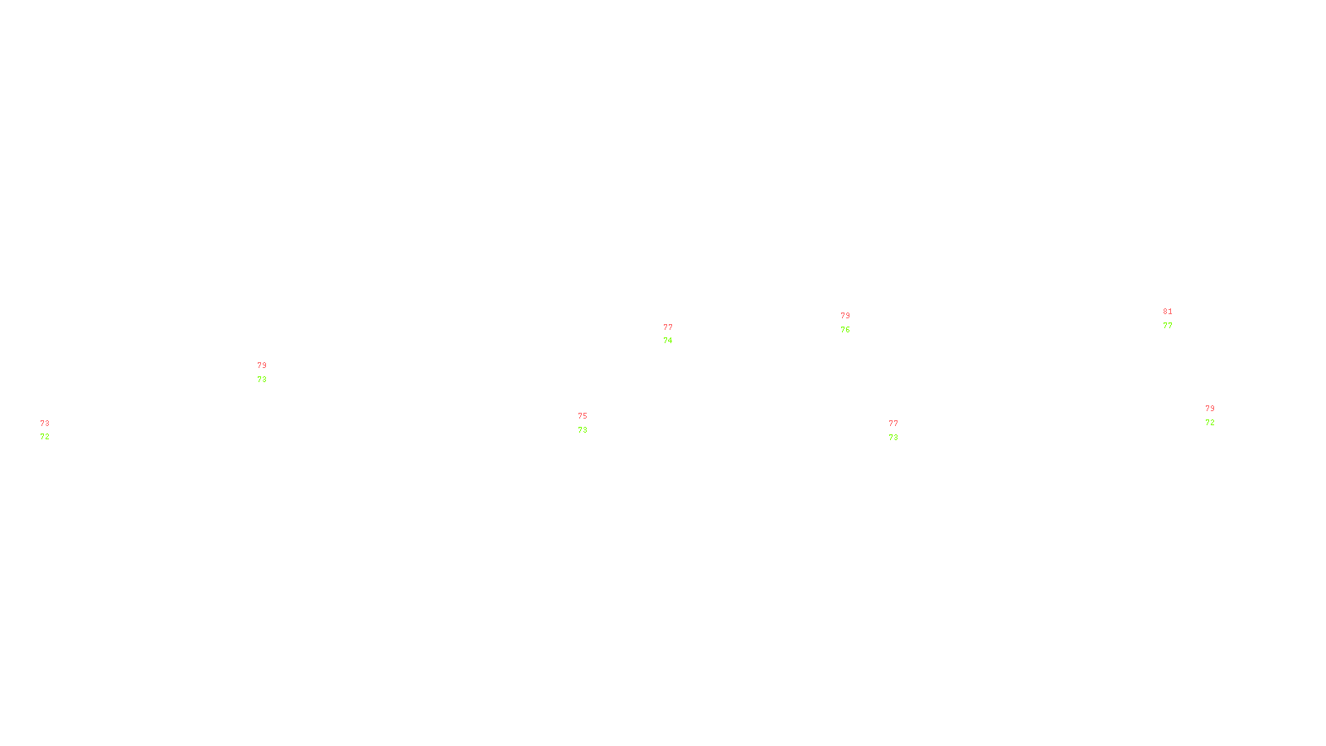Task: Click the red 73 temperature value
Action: [x=45, y=424]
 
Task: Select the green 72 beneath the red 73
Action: [x=45, y=437]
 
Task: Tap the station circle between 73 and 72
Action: [x=52, y=430]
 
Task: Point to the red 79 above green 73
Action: [x=262, y=366]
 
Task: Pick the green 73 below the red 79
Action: [x=262, y=380]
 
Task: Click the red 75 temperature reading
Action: [x=583, y=416]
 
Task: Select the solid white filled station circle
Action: [x=591, y=423]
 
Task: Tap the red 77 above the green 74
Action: [x=668, y=327]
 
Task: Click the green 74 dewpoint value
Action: [x=668, y=341]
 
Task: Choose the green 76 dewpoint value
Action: [x=845, y=330]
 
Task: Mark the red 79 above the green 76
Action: [x=845, y=316]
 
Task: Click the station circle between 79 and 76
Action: [x=854, y=322]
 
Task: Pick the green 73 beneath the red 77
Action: [x=893, y=438]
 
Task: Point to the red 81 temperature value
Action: [x=1168, y=312]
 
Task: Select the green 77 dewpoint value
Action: [x=1168, y=326]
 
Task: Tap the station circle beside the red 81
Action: [x=1175, y=318]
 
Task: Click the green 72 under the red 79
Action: [x=1210, y=423]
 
